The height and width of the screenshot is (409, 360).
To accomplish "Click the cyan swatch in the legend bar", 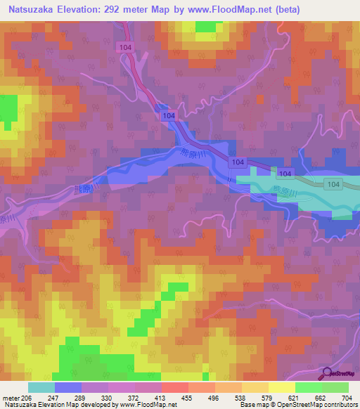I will pyautogui.click(x=41, y=387).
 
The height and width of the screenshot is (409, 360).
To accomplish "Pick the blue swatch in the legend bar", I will pyautogui.click(x=67, y=387).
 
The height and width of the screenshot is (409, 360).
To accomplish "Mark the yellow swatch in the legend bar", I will pyautogui.click(x=281, y=387).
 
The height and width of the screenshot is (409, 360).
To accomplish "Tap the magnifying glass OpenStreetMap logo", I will pyautogui.click(x=327, y=373).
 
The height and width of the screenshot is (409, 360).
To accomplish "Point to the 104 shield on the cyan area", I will pyautogui.click(x=284, y=174).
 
